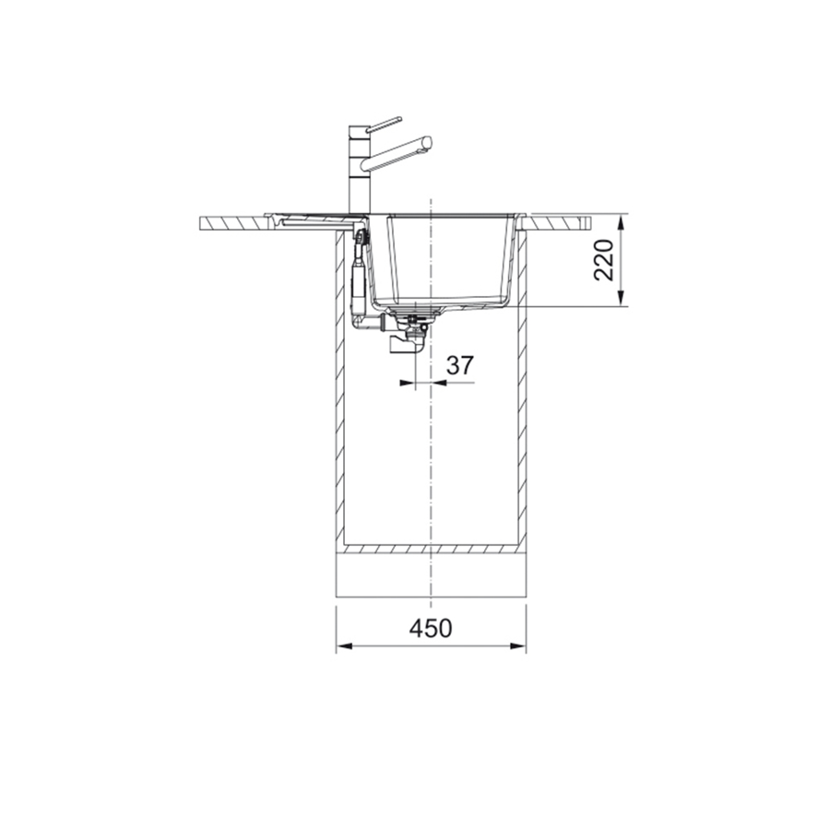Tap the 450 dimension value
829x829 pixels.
pos(431,628)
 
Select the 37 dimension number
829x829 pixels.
pos(459,365)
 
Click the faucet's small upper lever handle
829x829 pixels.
pos(384,123)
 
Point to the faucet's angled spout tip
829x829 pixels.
pos(425,142)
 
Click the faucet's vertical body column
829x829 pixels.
pos(357,175)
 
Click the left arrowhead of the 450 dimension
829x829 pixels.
pos(341,646)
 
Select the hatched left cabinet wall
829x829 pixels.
pos(339,387)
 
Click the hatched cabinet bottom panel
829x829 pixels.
pos(431,550)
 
